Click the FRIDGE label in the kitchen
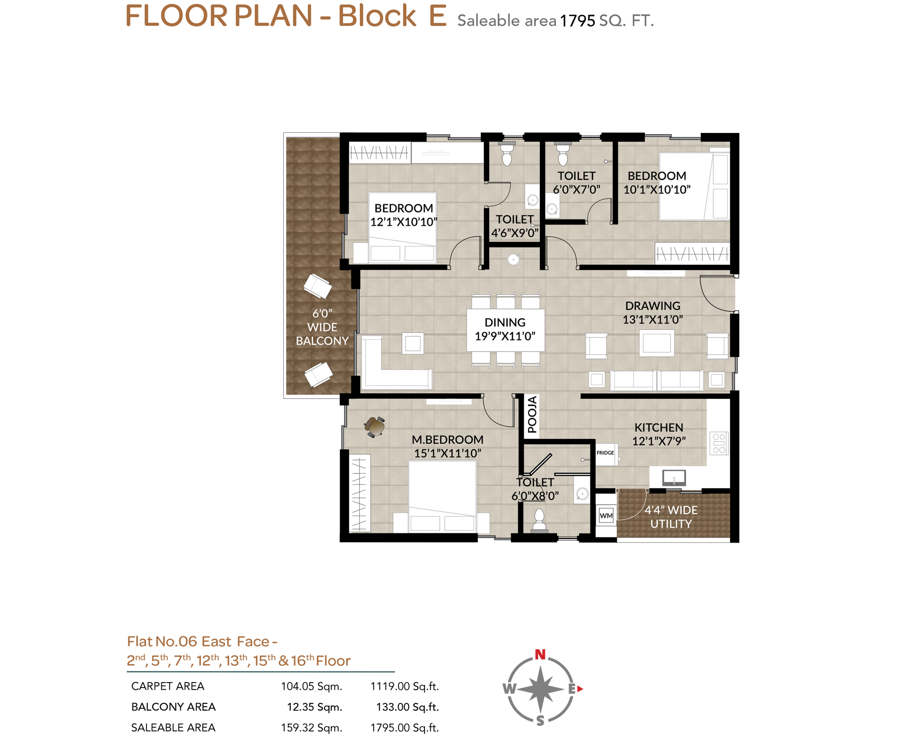pyautogui.click(x=605, y=453)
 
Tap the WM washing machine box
pyautogui.click(x=606, y=515)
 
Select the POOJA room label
pyautogui.click(x=532, y=414)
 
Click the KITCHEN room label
pyautogui.click(x=658, y=427)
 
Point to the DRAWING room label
pyautogui.click(x=653, y=306)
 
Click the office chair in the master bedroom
pyautogui.click(x=375, y=426)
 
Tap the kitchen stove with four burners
pyautogui.click(x=719, y=443)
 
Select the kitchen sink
pyautogui.click(x=674, y=477)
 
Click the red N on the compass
pyautogui.click(x=540, y=654)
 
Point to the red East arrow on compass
pyautogui.click(x=580, y=688)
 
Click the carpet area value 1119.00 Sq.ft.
pyautogui.click(x=404, y=687)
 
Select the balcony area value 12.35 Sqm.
pyautogui.click(x=315, y=707)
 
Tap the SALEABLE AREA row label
pyautogui.click(x=173, y=727)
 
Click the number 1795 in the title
pyautogui.click(x=577, y=21)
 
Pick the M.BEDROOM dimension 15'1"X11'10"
pyautogui.click(x=447, y=453)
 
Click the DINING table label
pyautogui.click(x=505, y=323)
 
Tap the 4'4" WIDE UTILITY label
pyautogui.click(x=671, y=517)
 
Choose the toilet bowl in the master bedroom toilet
pyautogui.click(x=539, y=519)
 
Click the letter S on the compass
pyautogui.click(x=540, y=721)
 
